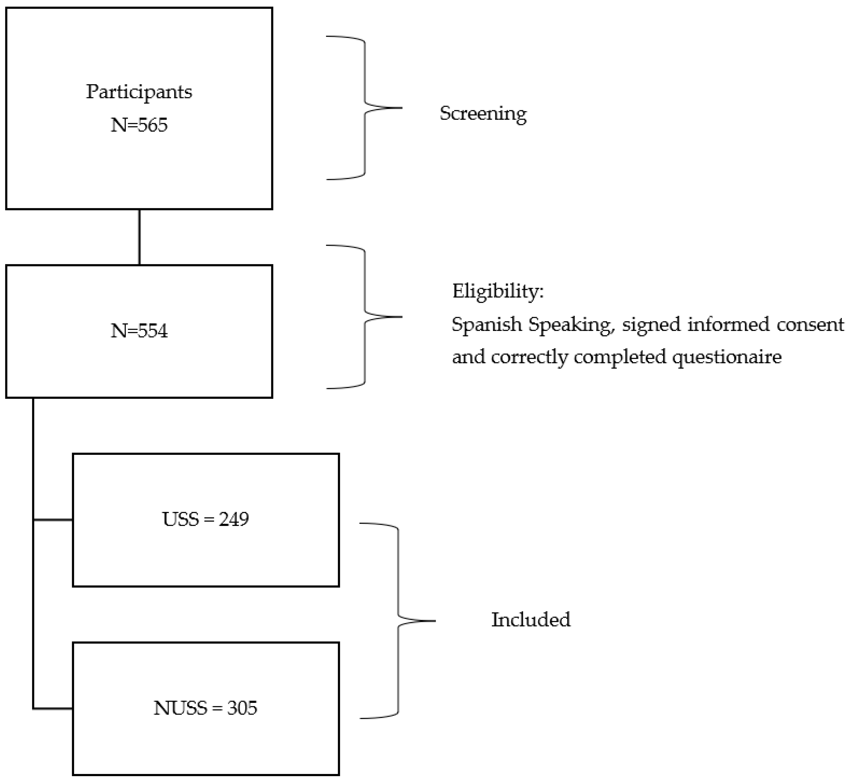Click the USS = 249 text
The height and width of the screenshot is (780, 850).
[206, 519]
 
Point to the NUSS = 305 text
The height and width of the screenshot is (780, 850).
[206, 708]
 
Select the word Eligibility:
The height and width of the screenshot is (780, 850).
[498, 291]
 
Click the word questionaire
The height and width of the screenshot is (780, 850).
[727, 357]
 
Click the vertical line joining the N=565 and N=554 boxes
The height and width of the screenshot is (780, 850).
[139, 237]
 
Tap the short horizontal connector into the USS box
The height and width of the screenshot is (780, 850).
[53, 520]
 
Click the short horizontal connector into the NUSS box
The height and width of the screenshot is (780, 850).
[53, 709]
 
